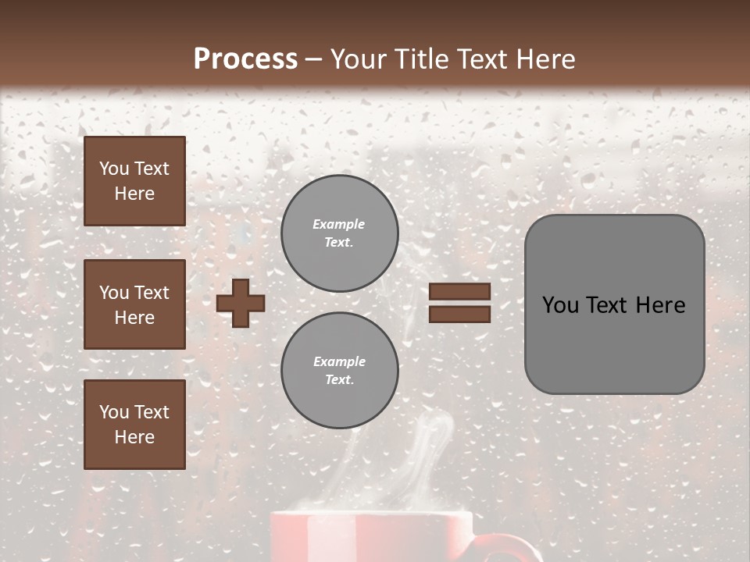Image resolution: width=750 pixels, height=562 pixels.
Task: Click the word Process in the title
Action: [x=245, y=59]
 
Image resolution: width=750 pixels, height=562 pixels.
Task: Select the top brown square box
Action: [x=134, y=181]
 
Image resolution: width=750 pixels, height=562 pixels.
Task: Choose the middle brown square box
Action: [x=134, y=304]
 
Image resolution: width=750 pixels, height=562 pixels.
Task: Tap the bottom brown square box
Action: [x=134, y=425]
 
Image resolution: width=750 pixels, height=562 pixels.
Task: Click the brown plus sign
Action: [x=241, y=303]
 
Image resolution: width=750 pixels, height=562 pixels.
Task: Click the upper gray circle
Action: [x=339, y=233]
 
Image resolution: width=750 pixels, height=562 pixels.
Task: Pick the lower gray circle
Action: [x=339, y=370]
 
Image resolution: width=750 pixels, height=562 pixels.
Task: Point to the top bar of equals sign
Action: [x=460, y=292]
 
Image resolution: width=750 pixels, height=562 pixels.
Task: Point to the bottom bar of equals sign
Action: [x=460, y=314]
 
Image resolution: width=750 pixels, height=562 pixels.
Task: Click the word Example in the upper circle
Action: [x=339, y=224]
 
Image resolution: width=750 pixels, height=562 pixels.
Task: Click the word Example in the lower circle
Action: [x=339, y=361]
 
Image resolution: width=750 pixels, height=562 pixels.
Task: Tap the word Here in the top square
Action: [x=134, y=194]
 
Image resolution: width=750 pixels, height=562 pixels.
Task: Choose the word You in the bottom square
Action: [x=114, y=412]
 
